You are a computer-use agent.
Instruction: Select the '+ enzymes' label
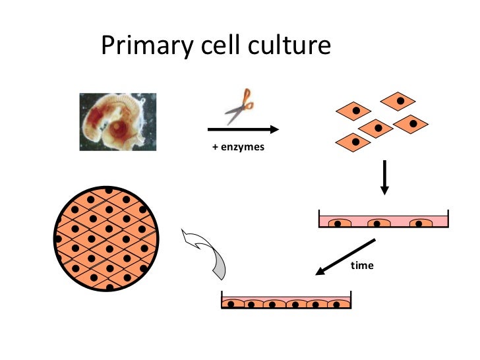click(x=238, y=147)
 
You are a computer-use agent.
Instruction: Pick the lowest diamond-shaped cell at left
click(x=354, y=140)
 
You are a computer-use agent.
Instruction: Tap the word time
click(x=362, y=266)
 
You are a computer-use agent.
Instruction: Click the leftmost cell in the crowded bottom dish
click(x=233, y=304)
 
